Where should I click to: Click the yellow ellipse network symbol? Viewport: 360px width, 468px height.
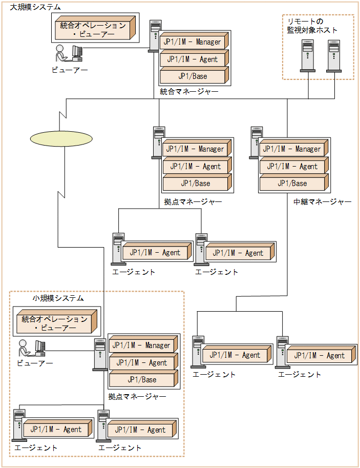(61, 138)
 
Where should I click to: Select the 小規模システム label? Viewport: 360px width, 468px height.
(58, 298)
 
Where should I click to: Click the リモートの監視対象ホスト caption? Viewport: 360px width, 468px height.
(312, 26)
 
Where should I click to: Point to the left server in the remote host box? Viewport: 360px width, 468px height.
(307, 56)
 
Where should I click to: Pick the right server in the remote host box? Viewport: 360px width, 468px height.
(334, 56)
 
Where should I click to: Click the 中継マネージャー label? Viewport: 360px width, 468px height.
(323, 202)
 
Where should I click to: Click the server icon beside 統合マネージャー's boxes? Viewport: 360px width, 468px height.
(154, 36)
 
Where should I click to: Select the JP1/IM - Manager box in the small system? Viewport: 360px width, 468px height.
(143, 345)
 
